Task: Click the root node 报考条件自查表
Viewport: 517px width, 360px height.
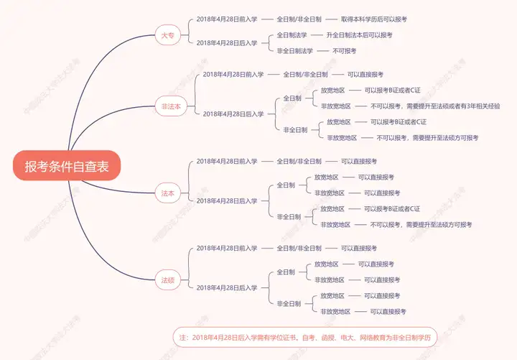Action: (x=67, y=167)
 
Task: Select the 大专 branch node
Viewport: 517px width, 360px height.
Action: (x=167, y=35)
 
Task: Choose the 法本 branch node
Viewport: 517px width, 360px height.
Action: (x=167, y=193)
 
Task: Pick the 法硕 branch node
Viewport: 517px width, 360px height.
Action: (x=167, y=280)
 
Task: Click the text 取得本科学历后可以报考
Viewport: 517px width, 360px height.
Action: (x=379, y=19)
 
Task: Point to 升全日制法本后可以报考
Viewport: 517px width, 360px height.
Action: (x=359, y=34)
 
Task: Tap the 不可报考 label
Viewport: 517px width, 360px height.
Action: (x=344, y=50)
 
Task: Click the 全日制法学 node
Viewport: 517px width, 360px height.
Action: (x=292, y=34)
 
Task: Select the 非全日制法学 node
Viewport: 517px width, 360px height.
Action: (x=294, y=50)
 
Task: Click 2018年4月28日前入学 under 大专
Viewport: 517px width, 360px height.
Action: (x=226, y=19)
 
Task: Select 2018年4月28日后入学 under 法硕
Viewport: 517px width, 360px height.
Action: (x=226, y=287)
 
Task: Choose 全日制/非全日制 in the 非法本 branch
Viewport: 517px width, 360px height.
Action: (x=305, y=74)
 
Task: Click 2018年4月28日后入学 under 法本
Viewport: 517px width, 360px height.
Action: (x=226, y=200)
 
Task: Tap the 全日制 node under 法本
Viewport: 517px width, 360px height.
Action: (x=286, y=185)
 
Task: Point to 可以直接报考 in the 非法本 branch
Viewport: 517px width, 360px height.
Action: (x=365, y=74)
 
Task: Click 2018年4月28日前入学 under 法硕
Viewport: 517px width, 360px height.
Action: (x=226, y=248)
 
